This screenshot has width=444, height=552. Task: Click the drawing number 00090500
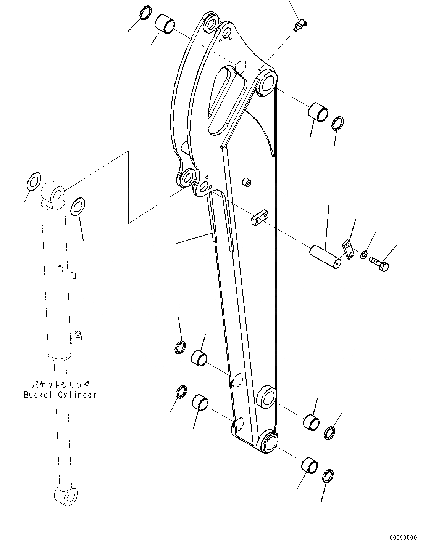[403, 538]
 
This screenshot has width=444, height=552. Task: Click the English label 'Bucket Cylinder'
[60, 395]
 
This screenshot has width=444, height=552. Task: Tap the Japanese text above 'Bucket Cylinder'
[60, 384]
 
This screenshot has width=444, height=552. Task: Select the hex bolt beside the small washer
[379, 263]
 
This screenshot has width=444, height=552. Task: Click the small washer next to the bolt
[364, 254]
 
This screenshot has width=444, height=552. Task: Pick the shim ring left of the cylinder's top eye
[34, 180]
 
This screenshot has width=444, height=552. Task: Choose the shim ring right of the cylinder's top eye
[78, 206]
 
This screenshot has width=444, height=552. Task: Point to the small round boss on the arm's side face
[247, 182]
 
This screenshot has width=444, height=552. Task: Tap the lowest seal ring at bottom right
[328, 477]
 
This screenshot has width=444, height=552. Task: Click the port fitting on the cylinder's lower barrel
[77, 336]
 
